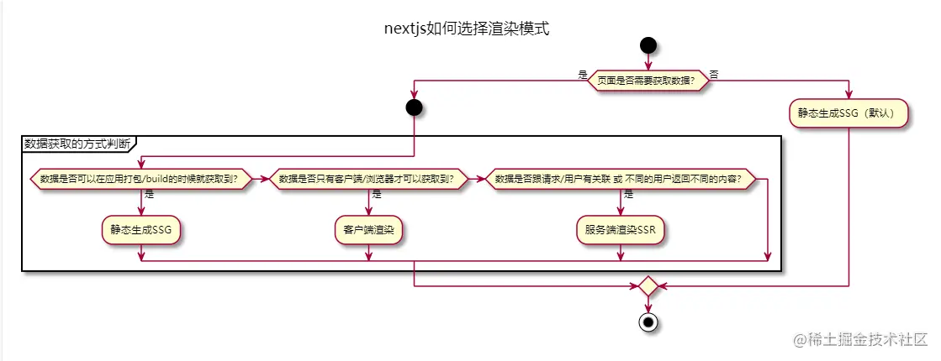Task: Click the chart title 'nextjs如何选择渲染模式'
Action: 466,28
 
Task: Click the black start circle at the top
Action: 648,44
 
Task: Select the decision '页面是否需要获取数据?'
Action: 648,81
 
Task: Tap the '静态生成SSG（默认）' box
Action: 849,112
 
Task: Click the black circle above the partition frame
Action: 414,107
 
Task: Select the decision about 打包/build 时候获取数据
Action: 140,179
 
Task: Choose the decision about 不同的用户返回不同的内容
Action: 621,179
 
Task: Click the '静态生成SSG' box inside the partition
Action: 140,228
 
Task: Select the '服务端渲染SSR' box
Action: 621,228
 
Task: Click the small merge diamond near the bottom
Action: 648,286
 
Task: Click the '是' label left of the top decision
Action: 583,75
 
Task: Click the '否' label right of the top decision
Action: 714,75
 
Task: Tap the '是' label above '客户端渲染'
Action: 377,194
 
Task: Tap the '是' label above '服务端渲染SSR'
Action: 629,194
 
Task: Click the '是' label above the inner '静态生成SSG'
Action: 149,194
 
